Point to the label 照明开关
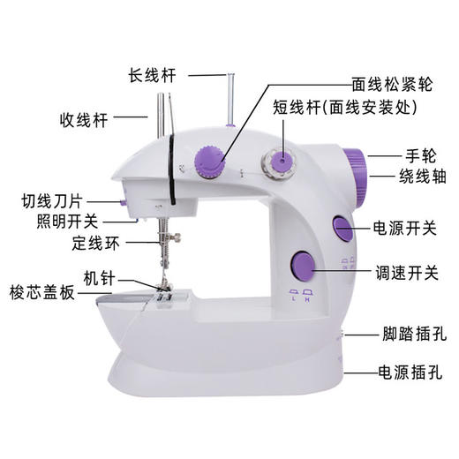68,220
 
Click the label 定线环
97,241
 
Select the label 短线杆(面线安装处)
345,108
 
